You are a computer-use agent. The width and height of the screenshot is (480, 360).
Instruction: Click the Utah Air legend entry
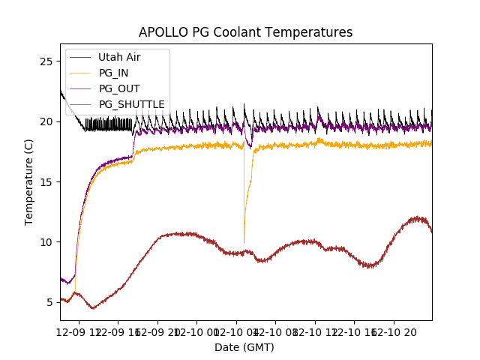(119, 57)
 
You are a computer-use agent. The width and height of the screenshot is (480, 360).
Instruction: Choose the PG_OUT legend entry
(119, 88)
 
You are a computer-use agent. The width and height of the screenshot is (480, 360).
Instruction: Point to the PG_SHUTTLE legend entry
(131, 104)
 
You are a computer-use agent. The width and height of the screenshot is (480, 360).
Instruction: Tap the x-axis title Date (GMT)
(244, 347)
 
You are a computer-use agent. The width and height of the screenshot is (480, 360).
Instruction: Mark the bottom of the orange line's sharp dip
(244, 242)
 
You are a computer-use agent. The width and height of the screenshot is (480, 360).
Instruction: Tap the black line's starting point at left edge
(61, 91)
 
